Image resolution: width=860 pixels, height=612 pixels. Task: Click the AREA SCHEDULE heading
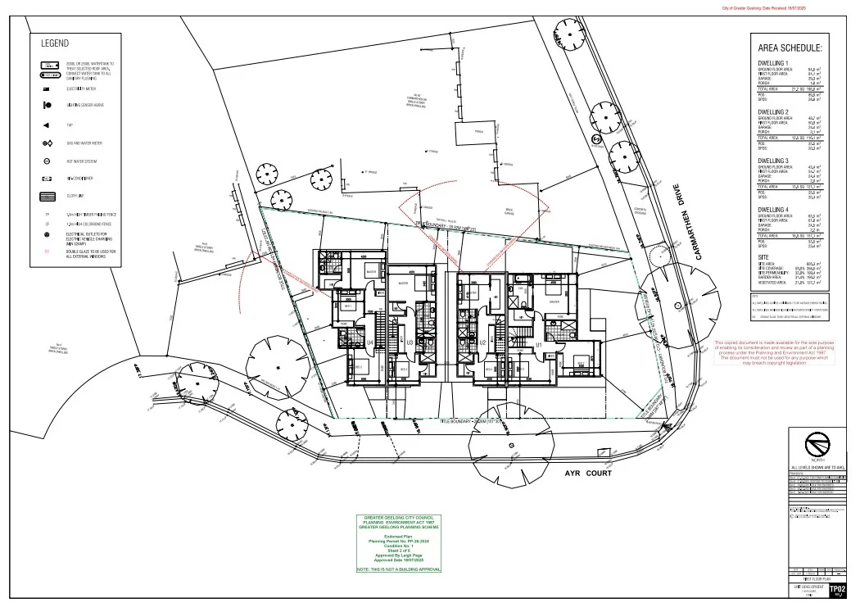pyautogui.click(x=790, y=48)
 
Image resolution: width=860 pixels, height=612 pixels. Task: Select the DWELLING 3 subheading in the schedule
pyautogui.click(x=773, y=161)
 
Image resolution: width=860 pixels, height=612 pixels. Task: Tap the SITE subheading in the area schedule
pyautogui.click(x=763, y=257)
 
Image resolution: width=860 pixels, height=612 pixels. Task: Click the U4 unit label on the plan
pyautogui.click(x=370, y=342)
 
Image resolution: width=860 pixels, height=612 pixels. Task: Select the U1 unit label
pyautogui.click(x=538, y=346)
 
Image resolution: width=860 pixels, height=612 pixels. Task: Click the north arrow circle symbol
pyautogui.click(x=816, y=447)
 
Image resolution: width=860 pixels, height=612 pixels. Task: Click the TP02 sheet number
pyautogui.click(x=836, y=589)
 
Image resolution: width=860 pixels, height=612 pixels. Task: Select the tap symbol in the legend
pyautogui.click(x=48, y=125)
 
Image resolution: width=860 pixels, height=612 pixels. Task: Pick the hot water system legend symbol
pyautogui.click(x=48, y=161)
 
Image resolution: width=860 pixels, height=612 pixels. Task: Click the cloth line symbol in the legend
pyautogui.click(x=48, y=197)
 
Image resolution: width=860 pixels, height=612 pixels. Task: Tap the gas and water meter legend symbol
pyautogui.click(x=48, y=143)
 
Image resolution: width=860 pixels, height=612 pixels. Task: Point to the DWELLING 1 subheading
pyautogui.click(x=773, y=63)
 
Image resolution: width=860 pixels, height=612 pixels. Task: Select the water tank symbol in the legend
pyautogui.click(x=48, y=68)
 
